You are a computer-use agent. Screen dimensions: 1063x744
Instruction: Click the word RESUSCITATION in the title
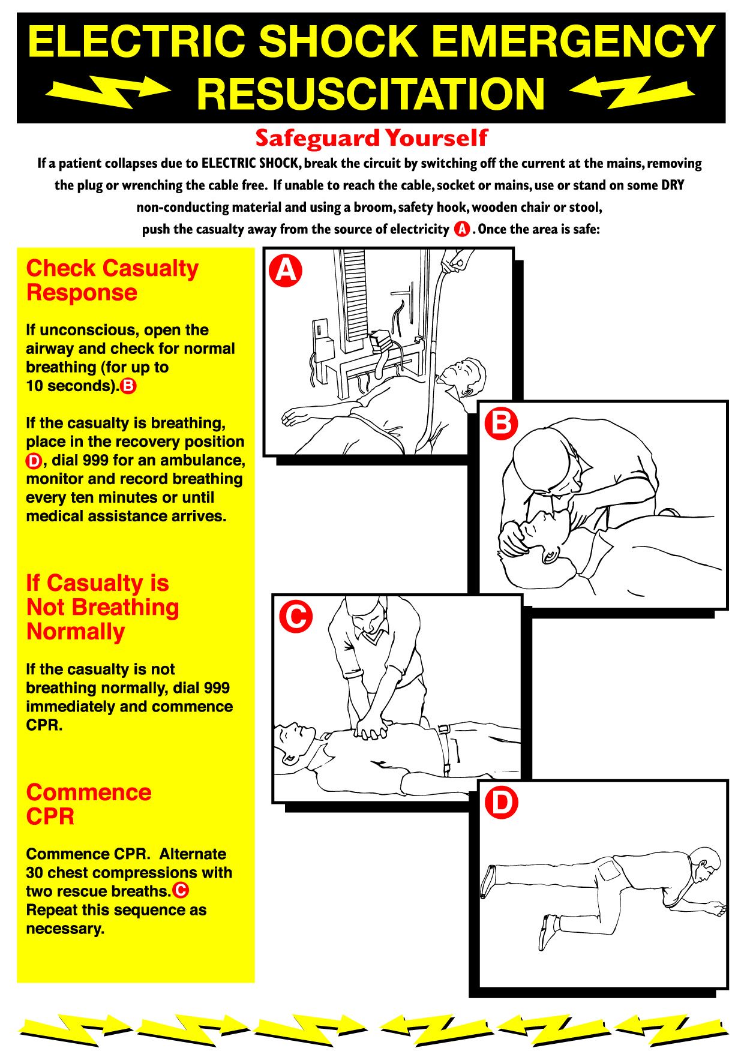[x=370, y=94]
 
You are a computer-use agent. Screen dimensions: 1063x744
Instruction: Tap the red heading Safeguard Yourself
[x=371, y=138]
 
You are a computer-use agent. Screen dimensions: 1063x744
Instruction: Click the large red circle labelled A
[x=286, y=271]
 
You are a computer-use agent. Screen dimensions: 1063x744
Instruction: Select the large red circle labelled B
[x=501, y=424]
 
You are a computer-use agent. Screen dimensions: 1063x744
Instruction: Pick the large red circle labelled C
[x=296, y=616]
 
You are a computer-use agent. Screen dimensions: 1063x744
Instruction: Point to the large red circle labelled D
[x=501, y=803]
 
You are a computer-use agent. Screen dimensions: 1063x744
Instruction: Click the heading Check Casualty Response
[x=112, y=280]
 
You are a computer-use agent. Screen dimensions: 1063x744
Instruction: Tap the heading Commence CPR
[x=88, y=804]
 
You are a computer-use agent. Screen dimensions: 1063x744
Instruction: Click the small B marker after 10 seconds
[x=128, y=386]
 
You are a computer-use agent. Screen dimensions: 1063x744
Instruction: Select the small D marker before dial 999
[x=34, y=461]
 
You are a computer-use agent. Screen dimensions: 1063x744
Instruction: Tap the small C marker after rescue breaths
[x=181, y=891]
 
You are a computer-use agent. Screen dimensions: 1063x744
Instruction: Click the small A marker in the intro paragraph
[x=461, y=229]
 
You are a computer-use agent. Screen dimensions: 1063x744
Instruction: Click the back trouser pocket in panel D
[x=610, y=869]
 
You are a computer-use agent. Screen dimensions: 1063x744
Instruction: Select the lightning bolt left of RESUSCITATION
[x=108, y=91]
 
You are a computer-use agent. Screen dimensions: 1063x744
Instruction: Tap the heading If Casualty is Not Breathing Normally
[x=102, y=607]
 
